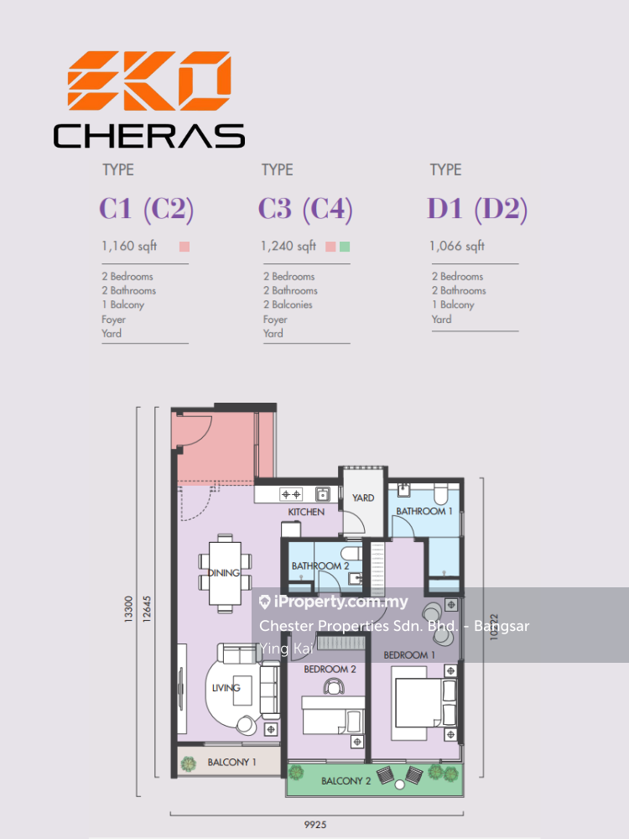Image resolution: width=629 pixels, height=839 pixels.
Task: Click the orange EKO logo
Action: coord(149,81)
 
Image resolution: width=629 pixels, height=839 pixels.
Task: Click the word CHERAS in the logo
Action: coord(149,136)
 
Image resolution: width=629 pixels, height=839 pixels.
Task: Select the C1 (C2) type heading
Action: coord(146,209)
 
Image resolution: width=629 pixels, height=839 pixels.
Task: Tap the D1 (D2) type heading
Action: coord(477,209)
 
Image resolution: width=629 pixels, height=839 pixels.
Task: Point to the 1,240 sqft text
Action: coord(289,246)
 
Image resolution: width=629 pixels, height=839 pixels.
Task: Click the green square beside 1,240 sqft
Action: coord(345,247)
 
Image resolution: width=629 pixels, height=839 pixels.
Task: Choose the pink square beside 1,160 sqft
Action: coord(185,247)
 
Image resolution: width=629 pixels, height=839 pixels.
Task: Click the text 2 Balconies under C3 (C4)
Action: coord(288,305)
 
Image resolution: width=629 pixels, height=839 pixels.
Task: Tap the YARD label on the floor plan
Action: coord(363,498)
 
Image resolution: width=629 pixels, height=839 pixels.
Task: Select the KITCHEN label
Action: coord(306,512)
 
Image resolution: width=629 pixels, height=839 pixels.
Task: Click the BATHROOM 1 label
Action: coord(424,511)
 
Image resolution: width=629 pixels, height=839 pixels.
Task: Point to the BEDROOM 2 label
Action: coord(330,669)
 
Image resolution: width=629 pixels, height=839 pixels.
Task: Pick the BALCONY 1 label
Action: coord(231,762)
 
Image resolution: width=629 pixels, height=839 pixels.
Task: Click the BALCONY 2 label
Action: coord(346,781)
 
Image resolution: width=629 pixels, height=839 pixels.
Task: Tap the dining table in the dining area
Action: coord(225,573)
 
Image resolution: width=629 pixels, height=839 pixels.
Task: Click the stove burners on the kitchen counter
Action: coord(292,494)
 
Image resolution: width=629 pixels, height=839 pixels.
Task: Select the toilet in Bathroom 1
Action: coord(441,494)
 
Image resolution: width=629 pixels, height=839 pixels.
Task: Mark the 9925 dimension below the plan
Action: coord(315,825)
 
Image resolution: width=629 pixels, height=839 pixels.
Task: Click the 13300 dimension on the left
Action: coord(127,609)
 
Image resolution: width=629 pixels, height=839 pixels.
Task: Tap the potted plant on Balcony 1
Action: coord(188,763)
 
